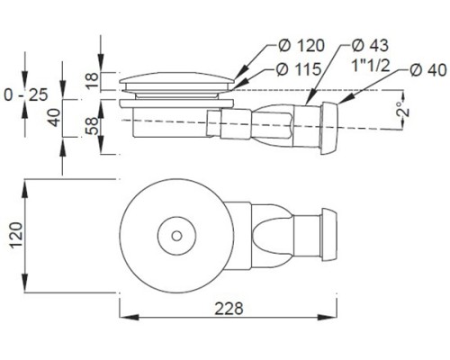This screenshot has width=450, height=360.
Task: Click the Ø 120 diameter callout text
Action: (x=301, y=46)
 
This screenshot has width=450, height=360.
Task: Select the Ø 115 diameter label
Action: (x=299, y=69)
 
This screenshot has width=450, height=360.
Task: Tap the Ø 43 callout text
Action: (x=370, y=45)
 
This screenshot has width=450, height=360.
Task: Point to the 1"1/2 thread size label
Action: (x=371, y=65)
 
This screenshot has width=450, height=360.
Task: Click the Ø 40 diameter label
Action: (x=428, y=70)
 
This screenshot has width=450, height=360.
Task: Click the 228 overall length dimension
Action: (x=229, y=308)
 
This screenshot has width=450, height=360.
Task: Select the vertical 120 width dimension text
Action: (x=16, y=235)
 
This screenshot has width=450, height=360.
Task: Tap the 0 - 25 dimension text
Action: (x=26, y=94)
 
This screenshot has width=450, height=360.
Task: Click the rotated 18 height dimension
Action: (x=93, y=80)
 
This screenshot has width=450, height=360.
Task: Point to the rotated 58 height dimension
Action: (x=93, y=126)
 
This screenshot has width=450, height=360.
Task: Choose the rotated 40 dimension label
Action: (x=55, y=117)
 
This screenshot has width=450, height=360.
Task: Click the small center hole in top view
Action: (x=176, y=236)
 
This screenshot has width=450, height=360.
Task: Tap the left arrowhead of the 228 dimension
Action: (x=129, y=317)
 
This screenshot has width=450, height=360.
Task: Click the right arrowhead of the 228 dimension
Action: (x=328, y=317)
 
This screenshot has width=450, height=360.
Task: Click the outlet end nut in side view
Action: (x=329, y=128)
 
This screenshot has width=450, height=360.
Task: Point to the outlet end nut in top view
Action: (x=329, y=234)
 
